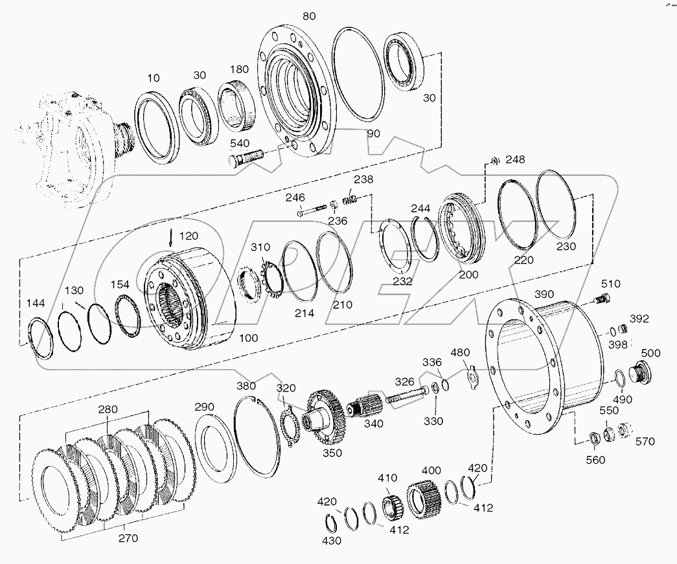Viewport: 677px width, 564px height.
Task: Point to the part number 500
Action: click(x=650, y=353)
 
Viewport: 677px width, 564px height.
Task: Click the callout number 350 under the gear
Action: click(x=332, y=453)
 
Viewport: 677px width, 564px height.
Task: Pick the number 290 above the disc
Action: click(x=204, y=407)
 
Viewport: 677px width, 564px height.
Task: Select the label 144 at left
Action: click(x=36, y=303)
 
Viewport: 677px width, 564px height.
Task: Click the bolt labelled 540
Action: click(x=246, y=156)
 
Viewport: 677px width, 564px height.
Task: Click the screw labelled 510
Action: click(x=602, y=299)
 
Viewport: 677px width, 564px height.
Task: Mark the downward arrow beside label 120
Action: click(x=170, y=237)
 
